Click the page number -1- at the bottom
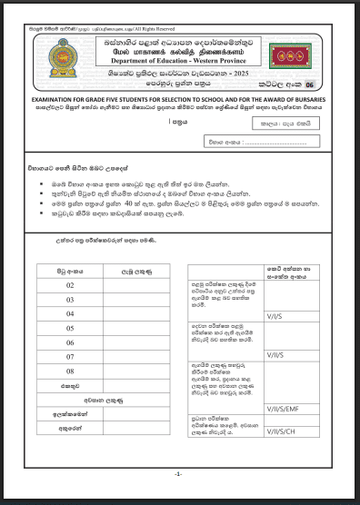pos(179,475)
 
